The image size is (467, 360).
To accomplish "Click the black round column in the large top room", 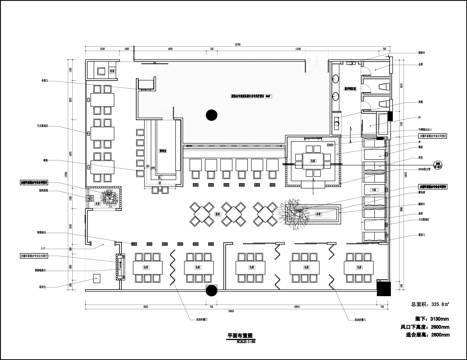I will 210,115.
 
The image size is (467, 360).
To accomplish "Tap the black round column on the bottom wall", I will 211,291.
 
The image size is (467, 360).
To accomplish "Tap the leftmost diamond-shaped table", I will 199,212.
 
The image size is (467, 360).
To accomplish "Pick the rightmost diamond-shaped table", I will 267,212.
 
